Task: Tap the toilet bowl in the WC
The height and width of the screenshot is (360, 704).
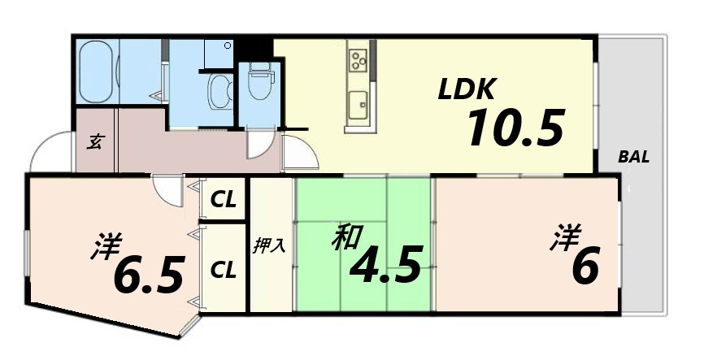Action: click(x=259, y=84)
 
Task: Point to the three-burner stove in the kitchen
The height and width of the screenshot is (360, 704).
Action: click(x=359, y=59)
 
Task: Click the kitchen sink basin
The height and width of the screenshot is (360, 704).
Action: click(x=358, y=104)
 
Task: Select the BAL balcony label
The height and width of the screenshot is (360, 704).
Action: click(x=633, y=158)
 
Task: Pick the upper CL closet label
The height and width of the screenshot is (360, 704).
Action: click(x=224, y=197)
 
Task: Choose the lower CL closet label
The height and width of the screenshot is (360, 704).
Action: click(x=224, y=267)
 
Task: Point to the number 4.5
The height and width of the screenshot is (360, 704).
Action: click(x=385, y=264)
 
